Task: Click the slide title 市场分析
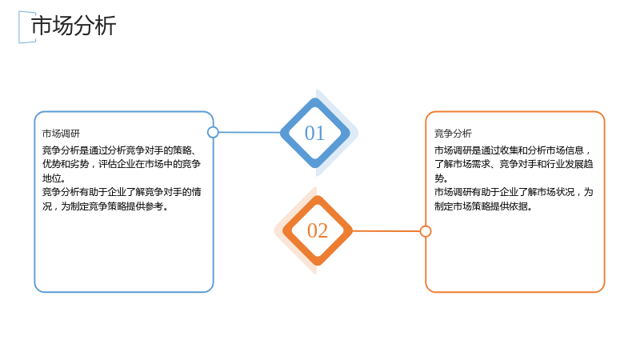(74, 26)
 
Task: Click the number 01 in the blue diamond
(314, 133)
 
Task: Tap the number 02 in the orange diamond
(318, 230)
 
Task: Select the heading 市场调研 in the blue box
(62, 134)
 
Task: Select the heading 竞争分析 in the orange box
(453, 134)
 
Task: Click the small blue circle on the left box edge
(213, 132)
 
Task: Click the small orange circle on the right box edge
(426, 231)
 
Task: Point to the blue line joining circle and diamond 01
(250, 132)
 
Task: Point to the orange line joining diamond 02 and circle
(386, 231)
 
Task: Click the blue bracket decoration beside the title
(19, 27)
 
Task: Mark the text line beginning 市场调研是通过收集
(513, 150)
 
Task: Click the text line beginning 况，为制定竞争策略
(106, 206)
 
